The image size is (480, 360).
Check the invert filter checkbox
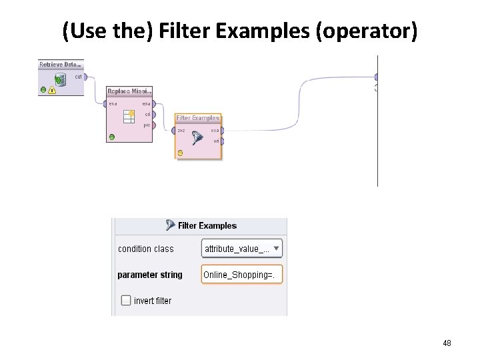(x=126, y=301)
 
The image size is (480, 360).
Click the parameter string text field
(x=241, y=275)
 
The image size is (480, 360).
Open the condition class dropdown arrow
(x=276, y=249)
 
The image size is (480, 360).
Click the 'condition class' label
(x=145, y=249)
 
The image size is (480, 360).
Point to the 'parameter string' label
(x=149, y=275)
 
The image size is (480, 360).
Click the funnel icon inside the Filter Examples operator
(x=197, y=138)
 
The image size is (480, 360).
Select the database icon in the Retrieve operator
(x=59, y=80)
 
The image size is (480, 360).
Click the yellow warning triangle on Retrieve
(x=52, y=90)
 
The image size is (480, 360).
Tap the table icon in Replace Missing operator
(x=129, y=117)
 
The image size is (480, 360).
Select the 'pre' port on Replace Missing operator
(x=154, y=125)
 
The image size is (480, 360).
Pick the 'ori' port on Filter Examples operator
(x=222, y=141)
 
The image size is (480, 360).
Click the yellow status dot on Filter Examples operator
(x=180, y=153)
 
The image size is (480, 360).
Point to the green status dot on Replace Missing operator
(x=111, y=137)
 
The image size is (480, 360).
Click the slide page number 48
(x=447, y=343)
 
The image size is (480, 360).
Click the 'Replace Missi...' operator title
(x=129, y=91)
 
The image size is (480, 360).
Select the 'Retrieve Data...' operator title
(x=61, y=64)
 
